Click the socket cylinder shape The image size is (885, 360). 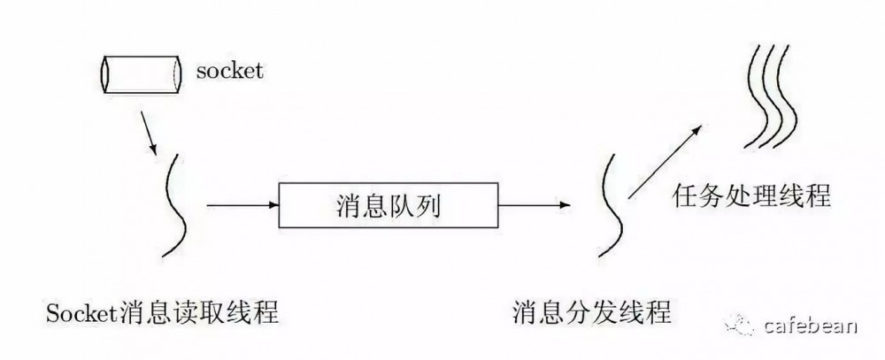pos(142,74)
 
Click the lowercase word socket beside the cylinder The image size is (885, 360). pos(230,71)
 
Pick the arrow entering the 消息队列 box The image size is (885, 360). pos(243,205)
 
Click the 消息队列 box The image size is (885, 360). pos(389,205)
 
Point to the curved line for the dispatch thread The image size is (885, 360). pos(611,205)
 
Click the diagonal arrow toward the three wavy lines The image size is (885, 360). pos(665,162)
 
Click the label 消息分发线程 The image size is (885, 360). pos(591,312)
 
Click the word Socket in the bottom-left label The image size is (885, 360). pos(82,312)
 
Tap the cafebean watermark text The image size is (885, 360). pos(811,326)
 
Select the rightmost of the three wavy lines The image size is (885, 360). pos(786,96)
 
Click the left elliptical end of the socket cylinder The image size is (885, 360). pos(105,74)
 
